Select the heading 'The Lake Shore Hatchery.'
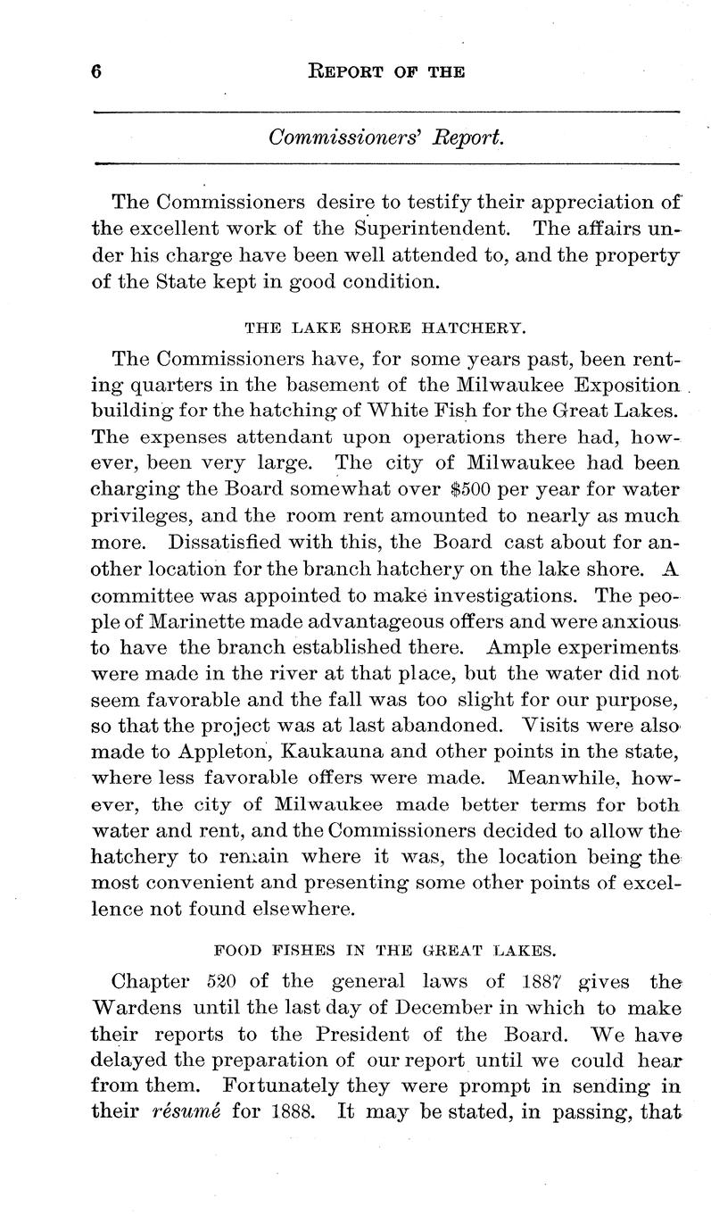tap(384, 328)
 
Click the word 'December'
tap(420, 1009)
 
